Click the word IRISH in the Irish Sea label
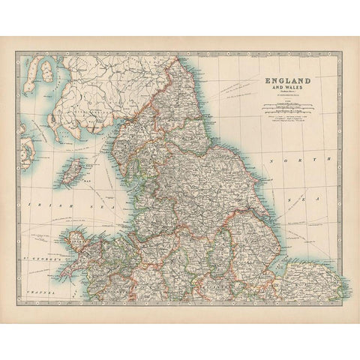point(37,204)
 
